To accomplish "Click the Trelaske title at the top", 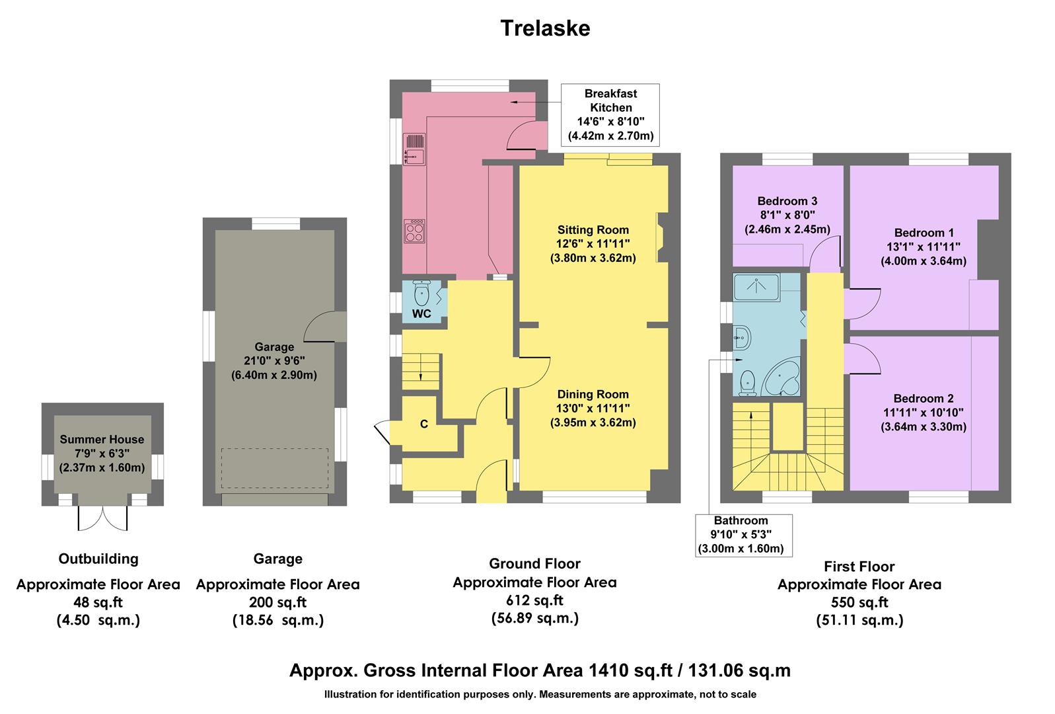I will pyautogui.click(x=545, y=28).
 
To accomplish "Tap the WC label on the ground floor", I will pyautogui.click(x=421, y=313).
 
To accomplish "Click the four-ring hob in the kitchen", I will pyautogui.click(x=414, y=231).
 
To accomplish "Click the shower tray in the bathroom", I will pyautogui.click(x=756, y=286).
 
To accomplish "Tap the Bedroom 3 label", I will pyautogui.click(x=787, y=201).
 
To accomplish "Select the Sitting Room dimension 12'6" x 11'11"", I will pyautogui.click(x=593, y=244).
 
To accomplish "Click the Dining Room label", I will pyautogui.click(x=593, y=394).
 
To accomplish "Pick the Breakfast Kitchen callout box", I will pyautogui.click(x=610, y=114).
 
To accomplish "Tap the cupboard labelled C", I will pyautogui.click(x=423, y=424).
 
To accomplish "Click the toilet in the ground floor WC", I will pyautogui.click(x=422, y=292).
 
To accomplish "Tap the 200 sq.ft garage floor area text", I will pyautogui.click(x=278, y=602).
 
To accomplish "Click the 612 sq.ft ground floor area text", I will pyautogui.click(x=535, y=600).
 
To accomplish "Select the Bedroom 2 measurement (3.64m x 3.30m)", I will pyautogui.click(x=923, y=427).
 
